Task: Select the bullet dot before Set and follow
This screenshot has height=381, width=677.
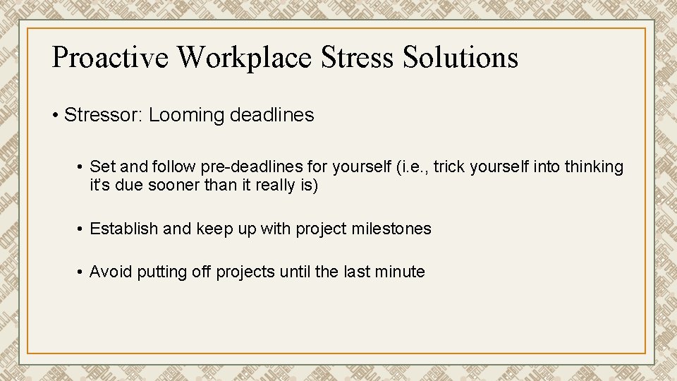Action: [83, 168]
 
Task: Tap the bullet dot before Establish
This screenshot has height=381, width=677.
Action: [83, 229]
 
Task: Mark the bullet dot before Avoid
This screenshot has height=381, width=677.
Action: [83, 272]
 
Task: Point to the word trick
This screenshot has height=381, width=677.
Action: [452, 167]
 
